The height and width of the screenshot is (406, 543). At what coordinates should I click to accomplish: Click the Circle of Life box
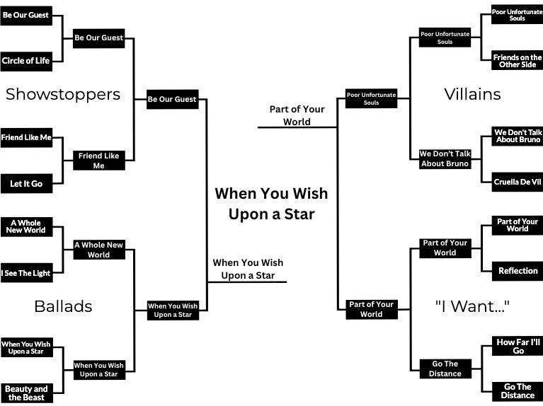26,61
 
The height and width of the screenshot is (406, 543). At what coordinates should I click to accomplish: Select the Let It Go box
26,183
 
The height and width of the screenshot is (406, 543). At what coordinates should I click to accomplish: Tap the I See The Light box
26,273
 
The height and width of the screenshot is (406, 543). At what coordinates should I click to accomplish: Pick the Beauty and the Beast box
26,393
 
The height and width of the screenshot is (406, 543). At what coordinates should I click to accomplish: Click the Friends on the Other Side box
517,61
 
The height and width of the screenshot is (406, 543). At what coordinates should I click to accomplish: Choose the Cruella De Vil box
517,181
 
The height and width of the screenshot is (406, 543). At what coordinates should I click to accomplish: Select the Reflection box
518,270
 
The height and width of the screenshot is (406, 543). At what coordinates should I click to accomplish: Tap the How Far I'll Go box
518,346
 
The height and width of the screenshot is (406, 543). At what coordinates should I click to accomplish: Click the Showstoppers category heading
63,94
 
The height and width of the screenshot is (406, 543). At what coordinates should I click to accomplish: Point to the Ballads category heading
63,306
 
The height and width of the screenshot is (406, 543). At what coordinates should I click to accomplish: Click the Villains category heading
472,94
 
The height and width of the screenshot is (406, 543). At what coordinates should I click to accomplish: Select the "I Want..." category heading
472,306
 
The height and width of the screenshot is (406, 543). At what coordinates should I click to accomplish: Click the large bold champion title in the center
271,203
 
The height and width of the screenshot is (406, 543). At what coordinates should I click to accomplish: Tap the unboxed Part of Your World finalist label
297,115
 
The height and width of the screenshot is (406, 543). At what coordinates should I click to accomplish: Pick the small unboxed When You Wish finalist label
248,269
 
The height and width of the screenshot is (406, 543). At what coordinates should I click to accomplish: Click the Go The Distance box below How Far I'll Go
518,391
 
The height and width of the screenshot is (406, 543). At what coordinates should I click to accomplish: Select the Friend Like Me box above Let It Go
26,138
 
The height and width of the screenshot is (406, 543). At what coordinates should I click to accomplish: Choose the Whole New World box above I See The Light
26,226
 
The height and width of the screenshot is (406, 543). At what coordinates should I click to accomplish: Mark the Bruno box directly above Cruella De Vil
517,136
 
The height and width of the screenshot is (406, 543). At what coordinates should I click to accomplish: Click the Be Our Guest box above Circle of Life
26,15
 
